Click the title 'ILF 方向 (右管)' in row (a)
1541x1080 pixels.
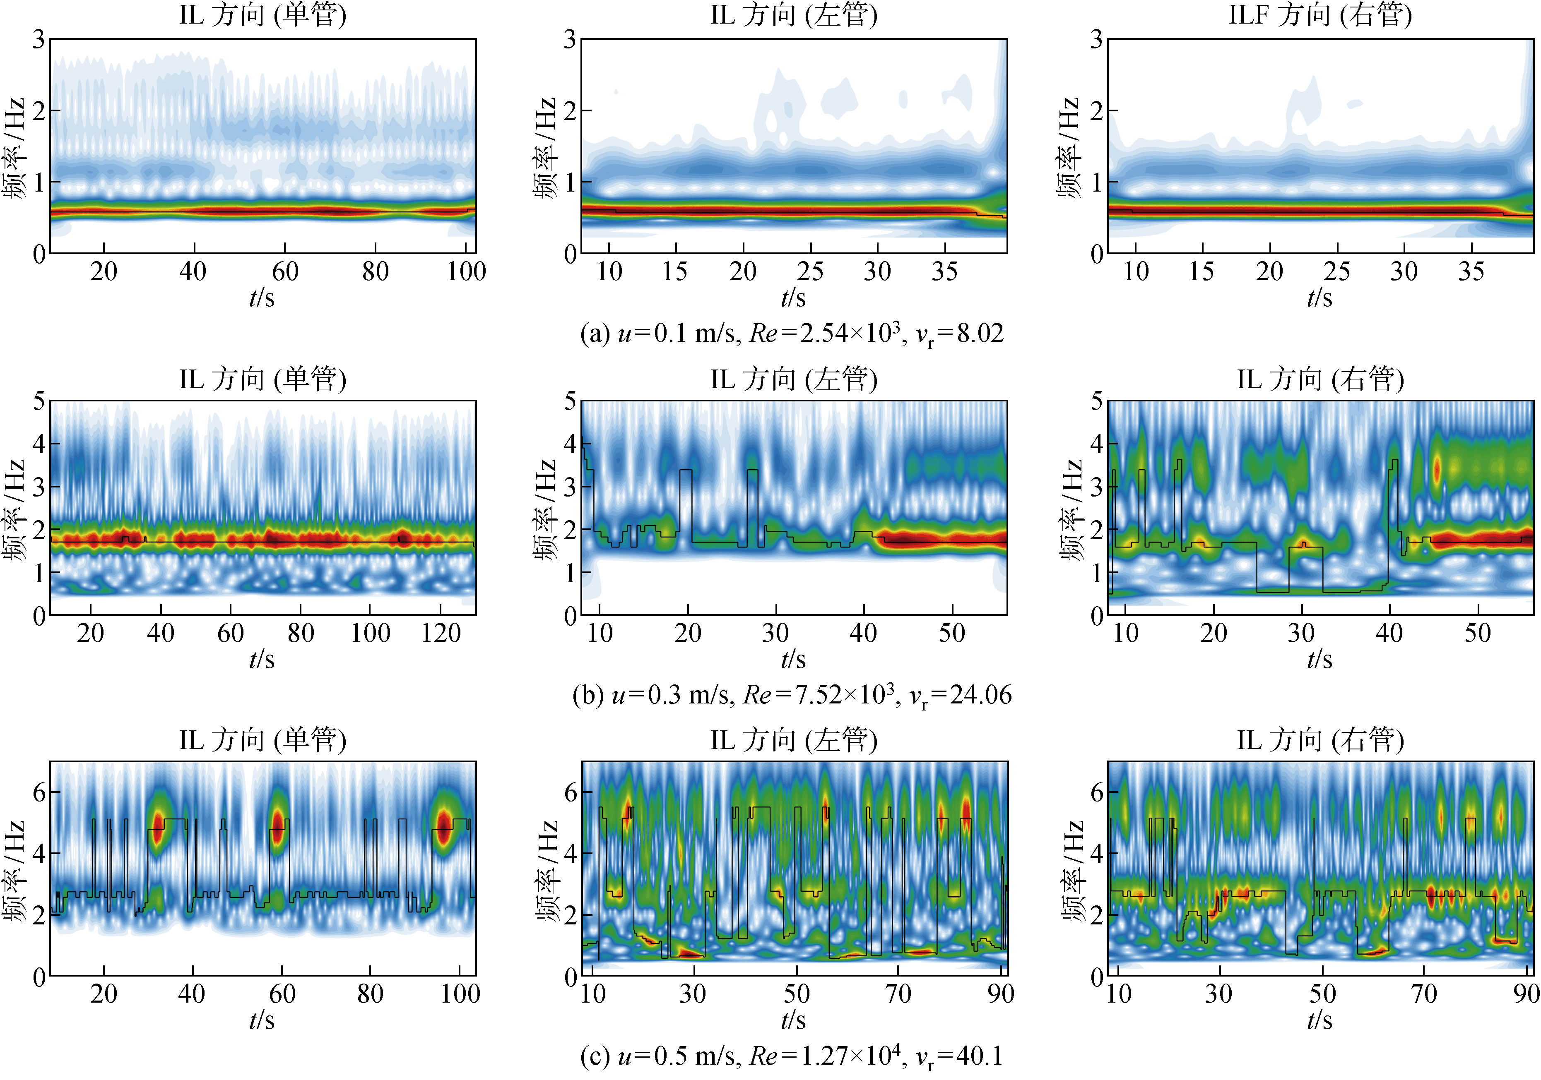pyautogui.click(x=1320, y=15)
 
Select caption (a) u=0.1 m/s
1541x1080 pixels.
pyautogui.click(x=792, y=334)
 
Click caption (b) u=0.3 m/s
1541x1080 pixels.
pyautogui.click(x=792, y=695)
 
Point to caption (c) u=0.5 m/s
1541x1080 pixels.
pyautogui.click(x=792, y=1056)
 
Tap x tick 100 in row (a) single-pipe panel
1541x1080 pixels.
pyautogui.click(x=467, y=272)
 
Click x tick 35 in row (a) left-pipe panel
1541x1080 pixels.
pyautogui.click(x=944, y=272)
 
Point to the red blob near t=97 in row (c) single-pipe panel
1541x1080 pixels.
pyautogui.click(x=444, y=824)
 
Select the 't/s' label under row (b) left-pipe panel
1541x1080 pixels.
pyautogui.click(x=793, y=660)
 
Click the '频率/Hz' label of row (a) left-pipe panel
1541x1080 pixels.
pyautogui.click(x=545, y=148)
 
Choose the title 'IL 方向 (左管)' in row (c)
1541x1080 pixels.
pyautogui.click(x=794, y=740)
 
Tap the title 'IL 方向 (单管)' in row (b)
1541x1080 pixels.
pyautogui.click(x=262, y=379)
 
